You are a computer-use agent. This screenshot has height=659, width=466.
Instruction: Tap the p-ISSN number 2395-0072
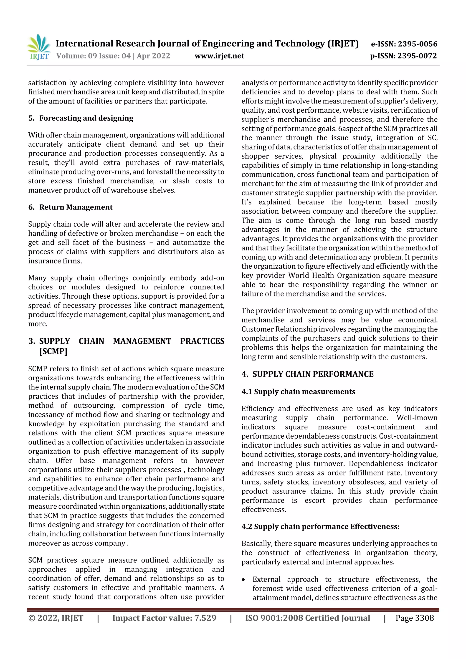pos(417,56)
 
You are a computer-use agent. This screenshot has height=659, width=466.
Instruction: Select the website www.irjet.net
pos(219,56)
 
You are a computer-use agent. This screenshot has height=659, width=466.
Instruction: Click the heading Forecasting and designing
pos(86,118)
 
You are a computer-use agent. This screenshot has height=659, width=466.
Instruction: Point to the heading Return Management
pos(76,207)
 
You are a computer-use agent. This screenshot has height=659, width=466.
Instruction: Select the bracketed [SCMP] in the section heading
pos(53,351)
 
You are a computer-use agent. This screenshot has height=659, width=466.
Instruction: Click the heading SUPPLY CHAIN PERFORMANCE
pos(313,374)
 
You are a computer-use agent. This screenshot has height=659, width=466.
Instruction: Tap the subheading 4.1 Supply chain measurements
pos(298,391)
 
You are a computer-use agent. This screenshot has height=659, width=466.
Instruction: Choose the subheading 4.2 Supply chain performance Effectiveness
pos(320,526)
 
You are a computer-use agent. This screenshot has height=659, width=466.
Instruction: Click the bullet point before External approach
pos(243,579)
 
